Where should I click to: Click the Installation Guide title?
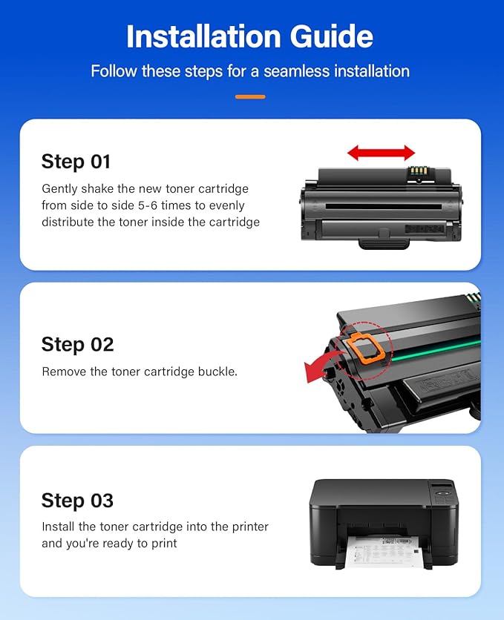coord(251,36)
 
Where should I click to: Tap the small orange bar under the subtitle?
coord(250,96)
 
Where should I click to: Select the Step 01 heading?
coord(76,161)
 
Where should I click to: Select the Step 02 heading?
coord(77,344)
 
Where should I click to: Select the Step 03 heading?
coord(77,500)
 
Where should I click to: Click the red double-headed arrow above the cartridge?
coord(381,154)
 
